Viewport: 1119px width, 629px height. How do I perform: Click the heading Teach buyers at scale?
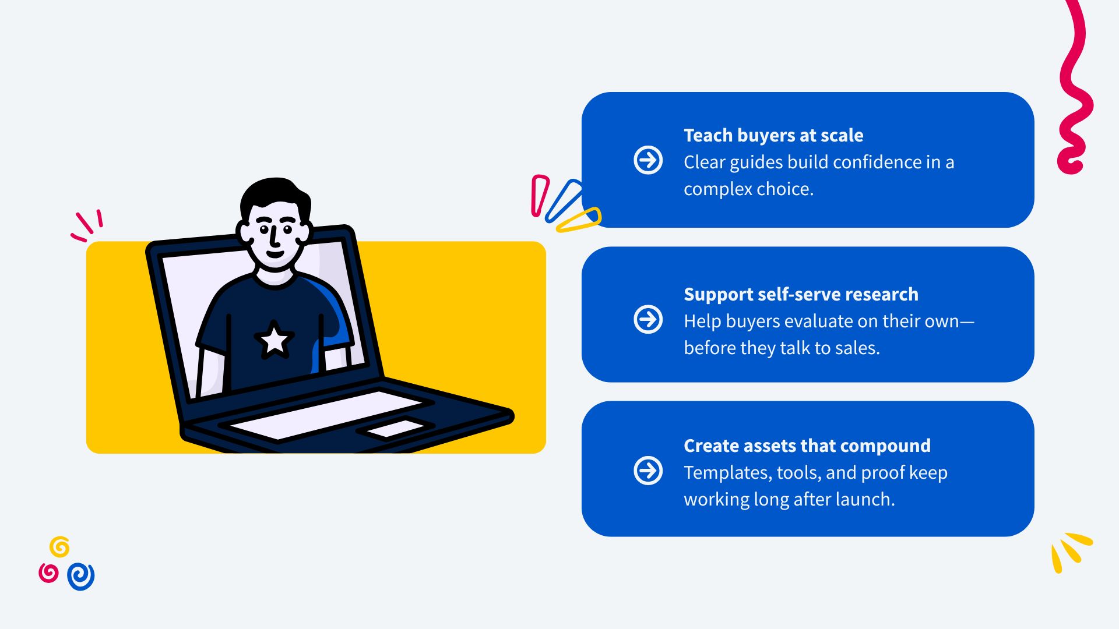coord(773,135)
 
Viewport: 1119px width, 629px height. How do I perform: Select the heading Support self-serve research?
coord(801,294)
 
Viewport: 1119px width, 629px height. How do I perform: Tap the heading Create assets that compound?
coord(807,446)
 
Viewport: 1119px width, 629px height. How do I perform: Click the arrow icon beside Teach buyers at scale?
coord(648,160)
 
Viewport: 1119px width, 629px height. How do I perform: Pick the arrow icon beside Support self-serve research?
coord(648,319)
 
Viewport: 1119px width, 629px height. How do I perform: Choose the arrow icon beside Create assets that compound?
coord(648,471)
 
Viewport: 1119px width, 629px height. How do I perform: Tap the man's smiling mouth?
coord(275,254)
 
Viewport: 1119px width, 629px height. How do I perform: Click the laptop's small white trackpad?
coord(395,429)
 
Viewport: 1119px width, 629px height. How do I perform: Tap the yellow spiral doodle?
coord(59,547)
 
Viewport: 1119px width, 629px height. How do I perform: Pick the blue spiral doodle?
coord(81,576)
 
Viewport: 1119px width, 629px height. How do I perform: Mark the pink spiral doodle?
coord(48,573)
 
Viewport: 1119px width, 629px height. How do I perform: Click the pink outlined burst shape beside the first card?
coord(539,196)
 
